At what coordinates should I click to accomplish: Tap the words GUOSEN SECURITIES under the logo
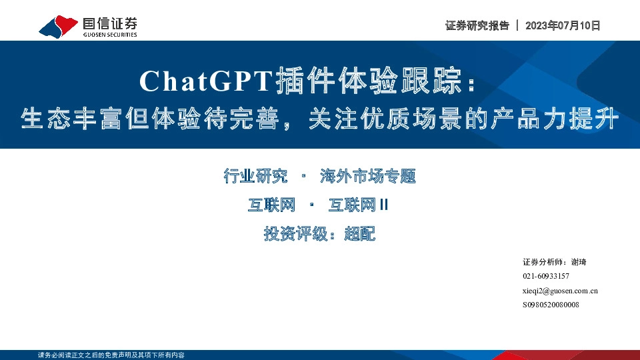click(110, 35)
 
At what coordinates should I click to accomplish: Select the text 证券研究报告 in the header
click(477, 25)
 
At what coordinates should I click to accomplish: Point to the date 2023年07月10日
click(563, 25)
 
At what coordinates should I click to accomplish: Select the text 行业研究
click(256, 176)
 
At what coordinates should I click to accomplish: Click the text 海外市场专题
click(367, 176)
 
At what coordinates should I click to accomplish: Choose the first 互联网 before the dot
click(271, 205)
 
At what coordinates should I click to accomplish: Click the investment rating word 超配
click(360, 235)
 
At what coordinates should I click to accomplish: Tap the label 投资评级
click(297, 235)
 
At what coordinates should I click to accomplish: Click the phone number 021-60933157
click(546, 276)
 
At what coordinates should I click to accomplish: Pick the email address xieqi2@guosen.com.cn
click(560, 291)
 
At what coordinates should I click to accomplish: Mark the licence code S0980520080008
click(551, 305)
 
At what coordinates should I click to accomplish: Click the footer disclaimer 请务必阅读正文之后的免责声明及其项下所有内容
click(111, 355)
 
